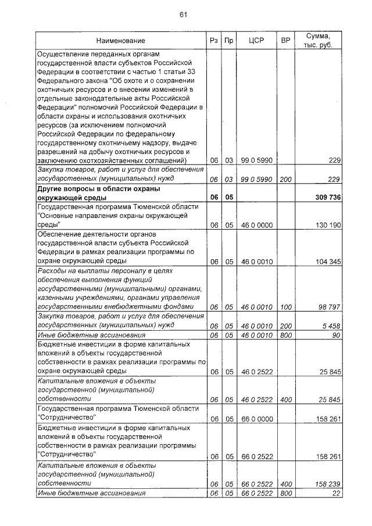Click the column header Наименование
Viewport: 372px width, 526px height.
(121, 41)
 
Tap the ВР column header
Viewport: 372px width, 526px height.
(285, 41)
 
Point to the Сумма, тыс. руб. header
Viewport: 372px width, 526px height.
(318, 41)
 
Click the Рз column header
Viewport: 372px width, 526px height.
(214, 41)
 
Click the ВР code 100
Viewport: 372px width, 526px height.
(285, 307)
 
